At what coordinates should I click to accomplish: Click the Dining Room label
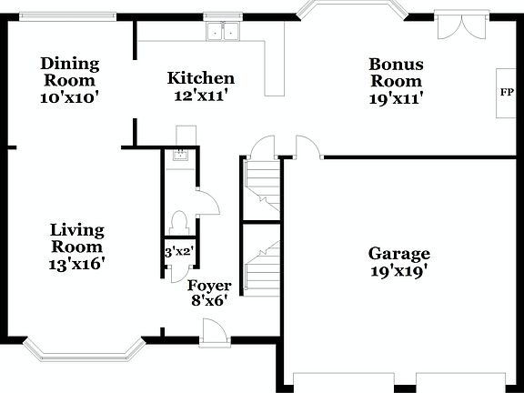[x=69, y=71]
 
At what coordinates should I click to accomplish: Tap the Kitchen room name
[x=201, y=79]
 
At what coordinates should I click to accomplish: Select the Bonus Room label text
[x=397, y=72]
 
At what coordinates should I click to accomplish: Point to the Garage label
[x=398, y=254]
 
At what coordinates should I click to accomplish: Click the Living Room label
[x=77, y=238]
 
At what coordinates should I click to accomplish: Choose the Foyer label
[x=209, y=286]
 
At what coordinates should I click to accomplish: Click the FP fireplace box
[x=507, y=93]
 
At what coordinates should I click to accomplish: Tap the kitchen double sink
[x=222, y=34]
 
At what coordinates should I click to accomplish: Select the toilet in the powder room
[x=179, y=221]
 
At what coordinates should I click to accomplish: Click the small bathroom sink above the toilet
[x=180, y=154]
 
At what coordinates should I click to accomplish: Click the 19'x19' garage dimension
[x=398, y=270]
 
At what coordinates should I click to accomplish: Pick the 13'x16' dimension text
[x=77, y=264]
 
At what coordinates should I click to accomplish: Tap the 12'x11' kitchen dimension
[x=201, y=95]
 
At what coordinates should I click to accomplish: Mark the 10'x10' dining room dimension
[x=69, y=95]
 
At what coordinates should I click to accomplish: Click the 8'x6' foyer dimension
[x=208, y=300]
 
